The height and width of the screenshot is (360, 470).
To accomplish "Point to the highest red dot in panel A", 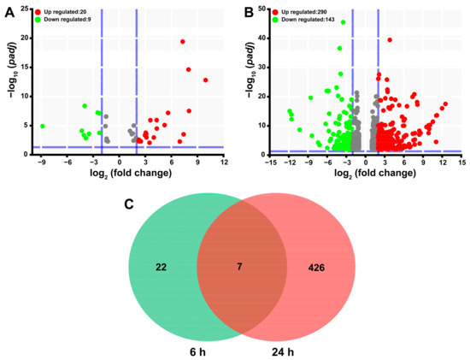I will [x=183, y=41].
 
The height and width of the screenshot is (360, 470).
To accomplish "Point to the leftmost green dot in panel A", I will [x=43, y=126].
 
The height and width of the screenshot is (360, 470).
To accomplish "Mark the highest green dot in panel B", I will [x=344, y=22].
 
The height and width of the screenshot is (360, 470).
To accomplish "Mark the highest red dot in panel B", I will [x=390, y=39].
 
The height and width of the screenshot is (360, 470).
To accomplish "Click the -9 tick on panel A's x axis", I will [x=41, y=164].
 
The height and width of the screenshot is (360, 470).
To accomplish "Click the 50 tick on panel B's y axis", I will [x=259, y=11].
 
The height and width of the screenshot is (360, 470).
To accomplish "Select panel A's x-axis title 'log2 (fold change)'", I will [x=127, y=176].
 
